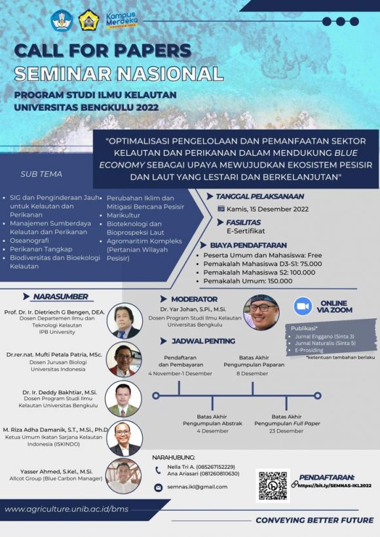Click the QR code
pos(273,485)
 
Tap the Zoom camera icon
pos(302,306)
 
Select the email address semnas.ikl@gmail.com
pos(197,487)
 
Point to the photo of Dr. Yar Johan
pos(261,312)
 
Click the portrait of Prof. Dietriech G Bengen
pos(124,320)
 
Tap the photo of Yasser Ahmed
pos(123,476)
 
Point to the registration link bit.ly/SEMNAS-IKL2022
pos(335,485)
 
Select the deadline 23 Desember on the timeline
pos(286,431)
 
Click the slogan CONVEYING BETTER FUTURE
pos(314,520)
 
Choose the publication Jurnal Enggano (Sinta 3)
pos(323,335)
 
